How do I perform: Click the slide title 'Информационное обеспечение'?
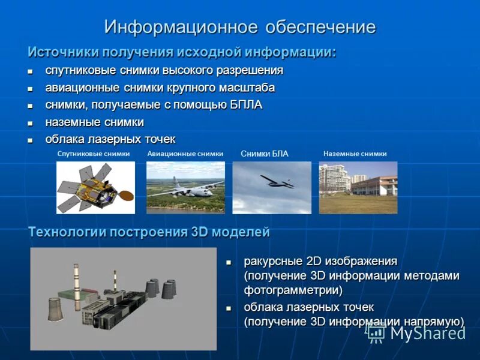[240, 27]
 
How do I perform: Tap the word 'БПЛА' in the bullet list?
[246, 105]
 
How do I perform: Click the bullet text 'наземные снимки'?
[95, 122]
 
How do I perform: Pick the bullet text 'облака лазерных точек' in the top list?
[110, 139]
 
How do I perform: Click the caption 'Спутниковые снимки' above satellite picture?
[94, 154]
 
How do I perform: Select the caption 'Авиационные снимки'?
[185, 154]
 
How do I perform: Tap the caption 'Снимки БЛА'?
[265, 154]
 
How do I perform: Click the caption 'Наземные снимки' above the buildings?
[355, 154]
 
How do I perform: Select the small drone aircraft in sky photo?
[276, 181]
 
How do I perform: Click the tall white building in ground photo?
[332, 179]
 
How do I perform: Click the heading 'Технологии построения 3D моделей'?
[149, 232]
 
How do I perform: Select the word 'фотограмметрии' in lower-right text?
[293, 290]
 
